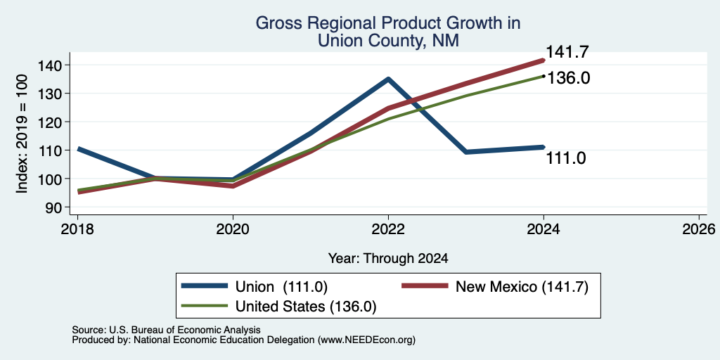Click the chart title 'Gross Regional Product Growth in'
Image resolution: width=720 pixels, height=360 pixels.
click(388, 23)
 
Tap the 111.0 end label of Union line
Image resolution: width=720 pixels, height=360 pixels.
click(566, 158)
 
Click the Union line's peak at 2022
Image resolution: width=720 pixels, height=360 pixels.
click(388, 79)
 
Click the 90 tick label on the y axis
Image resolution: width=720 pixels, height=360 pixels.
click(53, 207)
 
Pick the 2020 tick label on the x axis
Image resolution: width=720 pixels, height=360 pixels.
click(233, 229)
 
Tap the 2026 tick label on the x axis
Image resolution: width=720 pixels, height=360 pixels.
click(699, 229)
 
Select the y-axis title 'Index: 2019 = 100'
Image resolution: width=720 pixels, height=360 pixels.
click(22, 134)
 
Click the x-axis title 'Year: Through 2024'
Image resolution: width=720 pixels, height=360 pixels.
click(388, 259)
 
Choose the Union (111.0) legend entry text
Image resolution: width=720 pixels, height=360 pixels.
click(281, 287)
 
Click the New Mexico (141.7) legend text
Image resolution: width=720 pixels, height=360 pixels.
click(522, 287)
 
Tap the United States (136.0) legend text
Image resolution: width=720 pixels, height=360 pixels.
click(306, 307)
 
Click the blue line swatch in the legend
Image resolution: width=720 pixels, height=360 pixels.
click(205, 286)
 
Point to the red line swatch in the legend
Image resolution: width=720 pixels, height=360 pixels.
click(424, 286)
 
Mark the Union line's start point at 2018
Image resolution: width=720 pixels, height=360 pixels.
click(77, 149)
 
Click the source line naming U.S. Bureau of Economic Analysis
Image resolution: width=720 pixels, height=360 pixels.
click(166, 330)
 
